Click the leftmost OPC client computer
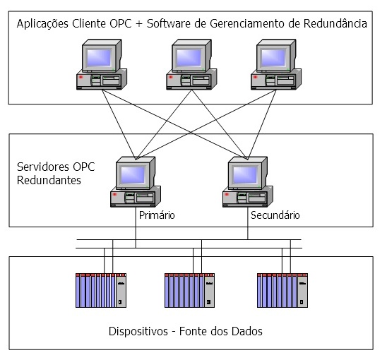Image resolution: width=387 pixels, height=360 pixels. [101, 67]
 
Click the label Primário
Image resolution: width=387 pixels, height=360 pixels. [157, 215]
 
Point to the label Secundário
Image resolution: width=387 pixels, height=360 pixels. [275, 215]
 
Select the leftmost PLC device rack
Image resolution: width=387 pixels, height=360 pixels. [101, 289]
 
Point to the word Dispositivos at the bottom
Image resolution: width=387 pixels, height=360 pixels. [142, 330]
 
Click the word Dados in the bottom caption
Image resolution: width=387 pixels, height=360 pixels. [256, 330]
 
